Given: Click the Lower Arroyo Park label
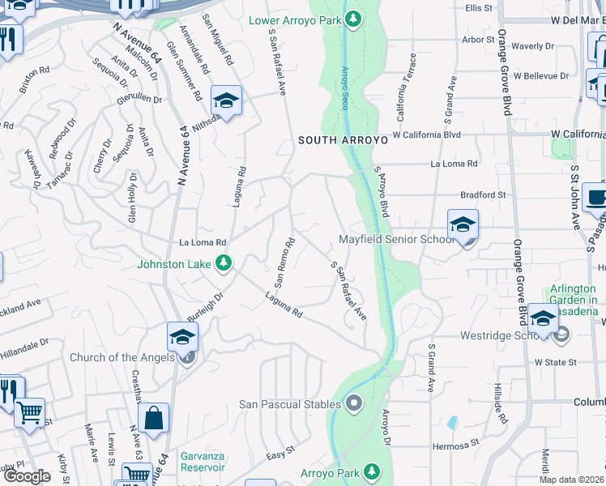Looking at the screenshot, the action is pyautogui.click(x=294, y=20).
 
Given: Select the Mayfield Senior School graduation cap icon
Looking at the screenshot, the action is pyautogui.click(x=463, y=224).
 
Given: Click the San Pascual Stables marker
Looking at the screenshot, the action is pyautogui.click(x=353, y=402).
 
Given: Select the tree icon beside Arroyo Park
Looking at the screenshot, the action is pyautogui.click(x=372, y=471).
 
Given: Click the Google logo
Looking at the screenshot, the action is pyautogui.click(x=27, y=476).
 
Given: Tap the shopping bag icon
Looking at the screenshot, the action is pyautogui.click(x=153, y=419).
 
